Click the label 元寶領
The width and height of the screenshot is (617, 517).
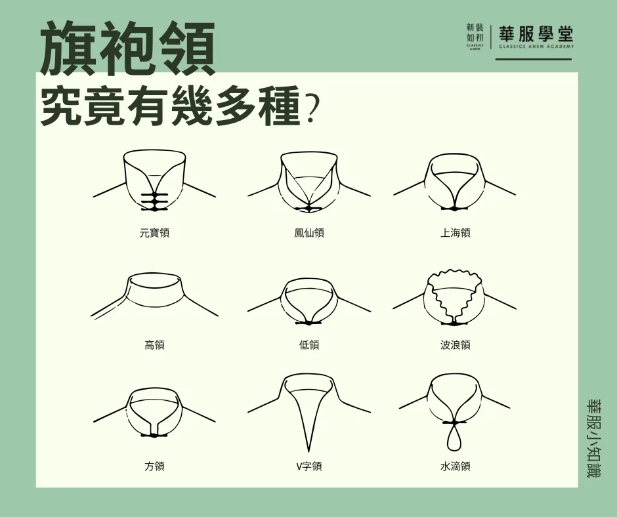154,233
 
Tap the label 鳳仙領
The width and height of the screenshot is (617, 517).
309,233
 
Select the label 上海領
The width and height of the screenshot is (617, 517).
455,233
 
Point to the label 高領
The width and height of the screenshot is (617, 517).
154,345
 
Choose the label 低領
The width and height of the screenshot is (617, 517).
309,345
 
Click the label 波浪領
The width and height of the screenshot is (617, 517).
455,345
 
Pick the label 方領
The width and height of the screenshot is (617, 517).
154,466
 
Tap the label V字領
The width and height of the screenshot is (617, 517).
309,466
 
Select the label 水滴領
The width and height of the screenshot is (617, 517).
455,466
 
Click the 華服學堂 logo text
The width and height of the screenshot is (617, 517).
536,34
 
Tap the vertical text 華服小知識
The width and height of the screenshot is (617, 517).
593,437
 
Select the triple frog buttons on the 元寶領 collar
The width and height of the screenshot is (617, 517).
154,201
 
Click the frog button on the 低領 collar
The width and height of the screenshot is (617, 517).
308,323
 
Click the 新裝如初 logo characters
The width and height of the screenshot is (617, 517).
475,33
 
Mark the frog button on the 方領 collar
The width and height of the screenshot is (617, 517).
154,435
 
